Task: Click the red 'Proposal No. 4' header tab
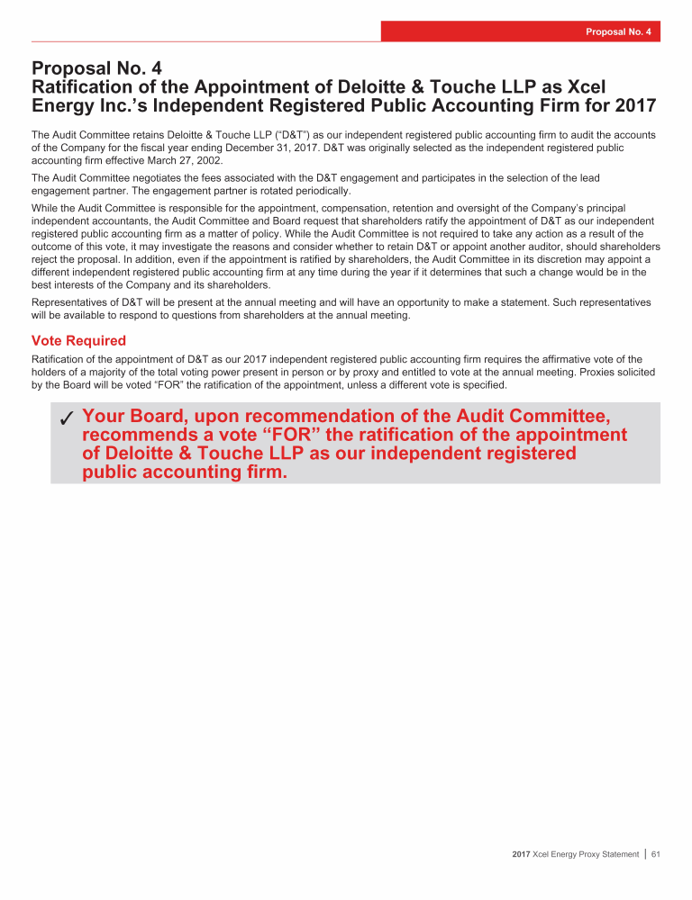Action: click(521, 31)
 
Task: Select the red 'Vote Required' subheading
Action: click(78, 341)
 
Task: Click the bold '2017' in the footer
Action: click(521, 854)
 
